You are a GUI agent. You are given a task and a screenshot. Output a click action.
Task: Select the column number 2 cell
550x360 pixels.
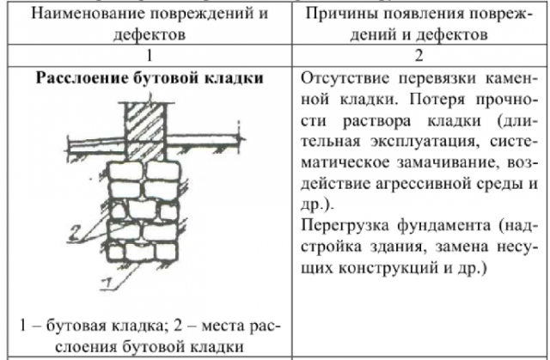tap(419, 56)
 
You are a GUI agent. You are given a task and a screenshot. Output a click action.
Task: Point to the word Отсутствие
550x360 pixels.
tap(345, 78)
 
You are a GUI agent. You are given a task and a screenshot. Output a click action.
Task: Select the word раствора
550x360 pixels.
tap(376, 121)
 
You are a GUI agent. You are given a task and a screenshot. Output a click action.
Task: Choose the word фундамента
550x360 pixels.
tap(444, 225)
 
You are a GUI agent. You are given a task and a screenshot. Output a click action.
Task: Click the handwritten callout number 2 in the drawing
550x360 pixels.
tap(75, 233)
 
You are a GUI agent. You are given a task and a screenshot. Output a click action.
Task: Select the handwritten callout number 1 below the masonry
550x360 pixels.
tap(107, 284)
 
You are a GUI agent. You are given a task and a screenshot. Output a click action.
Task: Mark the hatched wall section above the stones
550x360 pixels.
tap(145, 131)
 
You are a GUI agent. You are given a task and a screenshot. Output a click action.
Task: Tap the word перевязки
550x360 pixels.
tap(437, 78)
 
